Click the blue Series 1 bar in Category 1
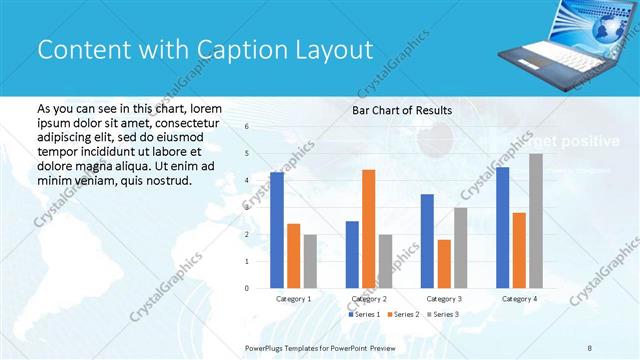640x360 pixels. point(277,230)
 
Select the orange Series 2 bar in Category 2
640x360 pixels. point(369,229)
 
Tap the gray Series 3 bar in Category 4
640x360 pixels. point(536,221)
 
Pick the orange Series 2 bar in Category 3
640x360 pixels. point(444,264)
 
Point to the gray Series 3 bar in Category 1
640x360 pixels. point(311,261)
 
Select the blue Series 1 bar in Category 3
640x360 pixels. point(427,241)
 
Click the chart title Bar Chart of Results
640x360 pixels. point(401,110)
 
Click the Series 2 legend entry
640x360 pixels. point(401,315)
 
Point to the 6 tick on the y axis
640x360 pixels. point(247,127)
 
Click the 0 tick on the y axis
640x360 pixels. point(247,288)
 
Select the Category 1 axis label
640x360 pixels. point(293,299)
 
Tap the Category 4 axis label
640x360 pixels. point(519,299)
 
